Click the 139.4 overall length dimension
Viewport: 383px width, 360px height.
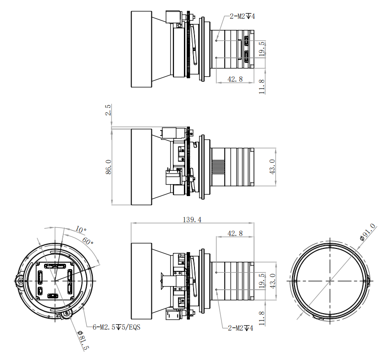pyautogui.click(x=192, y=219)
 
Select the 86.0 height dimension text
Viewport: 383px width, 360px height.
pyautogui.click(x=108, y=167)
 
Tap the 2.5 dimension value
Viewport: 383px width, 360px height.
pyautogui.click(x=108, y=110)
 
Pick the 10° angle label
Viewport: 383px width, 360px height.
pyautogui.click(x=81, y=230)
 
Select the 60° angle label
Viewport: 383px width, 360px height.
pyautogui.click(x=88, y=241)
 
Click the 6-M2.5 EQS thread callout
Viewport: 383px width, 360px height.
pyautogui.click(x=117, y=327)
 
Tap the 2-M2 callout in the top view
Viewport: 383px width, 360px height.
pyautogui.click(x=242, y=17)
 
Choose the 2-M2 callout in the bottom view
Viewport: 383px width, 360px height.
pyautogui.click(x=241, y=328)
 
